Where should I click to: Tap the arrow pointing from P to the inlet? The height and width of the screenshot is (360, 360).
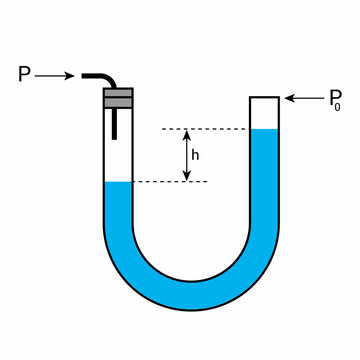[55, 75]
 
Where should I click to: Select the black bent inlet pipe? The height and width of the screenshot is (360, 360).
[101, 77]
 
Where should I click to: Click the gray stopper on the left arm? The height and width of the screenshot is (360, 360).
[118, 97]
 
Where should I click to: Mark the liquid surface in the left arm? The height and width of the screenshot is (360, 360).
[118, 182]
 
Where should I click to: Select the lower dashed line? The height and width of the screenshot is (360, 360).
[170, 181]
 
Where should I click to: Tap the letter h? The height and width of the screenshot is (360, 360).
[195, 155]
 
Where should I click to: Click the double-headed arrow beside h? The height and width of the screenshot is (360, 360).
[185, 155]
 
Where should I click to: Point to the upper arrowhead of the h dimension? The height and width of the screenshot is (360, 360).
[185, 134]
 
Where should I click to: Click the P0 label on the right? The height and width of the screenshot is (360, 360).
[336, 98]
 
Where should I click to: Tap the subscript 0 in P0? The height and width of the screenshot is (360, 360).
[342, 104]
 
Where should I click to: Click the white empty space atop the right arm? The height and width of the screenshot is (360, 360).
[264, 113]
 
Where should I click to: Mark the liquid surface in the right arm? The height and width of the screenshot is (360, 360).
[264, 130]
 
